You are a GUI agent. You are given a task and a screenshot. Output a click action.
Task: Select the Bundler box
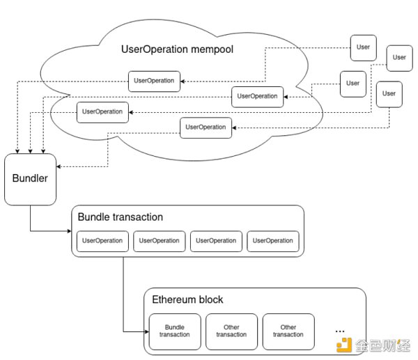point(30,179)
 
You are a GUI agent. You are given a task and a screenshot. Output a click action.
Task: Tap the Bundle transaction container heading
point(121,217)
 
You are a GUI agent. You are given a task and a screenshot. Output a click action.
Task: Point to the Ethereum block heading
point(187,300)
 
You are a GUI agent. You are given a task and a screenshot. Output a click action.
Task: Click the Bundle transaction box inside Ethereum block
point(175,331)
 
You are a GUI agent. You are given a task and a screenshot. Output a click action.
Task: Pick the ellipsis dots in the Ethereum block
point(341,329)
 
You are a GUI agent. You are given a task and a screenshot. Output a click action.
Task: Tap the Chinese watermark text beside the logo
point(382,346)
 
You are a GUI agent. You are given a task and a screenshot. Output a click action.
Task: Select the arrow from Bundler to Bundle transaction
point(49,230)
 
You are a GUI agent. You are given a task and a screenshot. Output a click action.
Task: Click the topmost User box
point(363,48)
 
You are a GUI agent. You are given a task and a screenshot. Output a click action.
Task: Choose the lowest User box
point(389,94)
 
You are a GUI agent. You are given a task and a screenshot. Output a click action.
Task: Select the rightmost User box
point(398,58)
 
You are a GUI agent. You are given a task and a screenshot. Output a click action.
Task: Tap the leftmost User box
point(353,84)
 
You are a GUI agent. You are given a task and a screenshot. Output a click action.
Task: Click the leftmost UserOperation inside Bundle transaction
point(102,241)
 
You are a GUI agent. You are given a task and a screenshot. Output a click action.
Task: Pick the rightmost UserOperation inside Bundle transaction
point(273,241)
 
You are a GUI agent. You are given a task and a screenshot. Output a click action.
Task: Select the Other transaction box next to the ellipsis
point(288,331)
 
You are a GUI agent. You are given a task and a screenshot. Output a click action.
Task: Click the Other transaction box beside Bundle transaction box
point(231,331)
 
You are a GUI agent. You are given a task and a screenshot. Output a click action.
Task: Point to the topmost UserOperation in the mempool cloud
point(154,81)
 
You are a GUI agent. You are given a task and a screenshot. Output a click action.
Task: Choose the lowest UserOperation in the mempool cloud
point(206,127)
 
